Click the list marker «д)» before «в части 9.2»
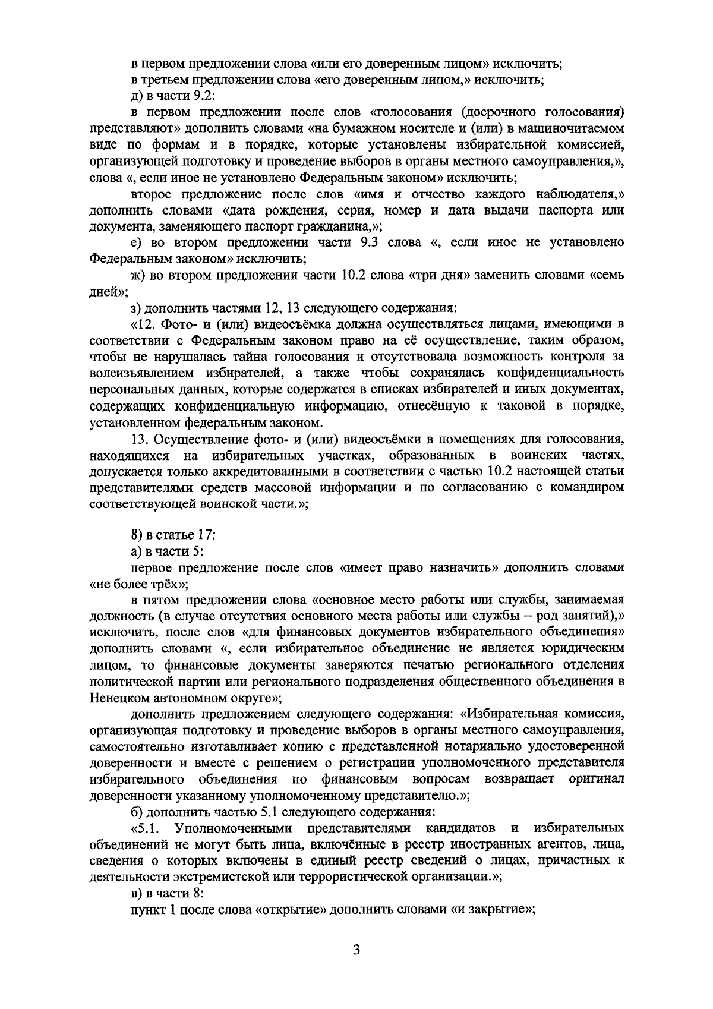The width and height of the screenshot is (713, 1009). [x=137, y=96]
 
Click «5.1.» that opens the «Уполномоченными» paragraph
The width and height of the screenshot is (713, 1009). [x=145, y=828]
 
